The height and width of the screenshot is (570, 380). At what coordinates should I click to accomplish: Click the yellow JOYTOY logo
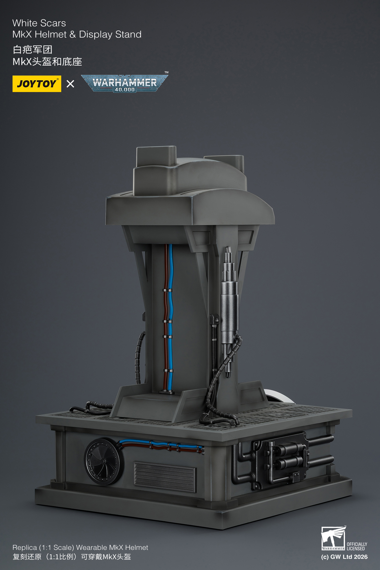(x=37, y=84)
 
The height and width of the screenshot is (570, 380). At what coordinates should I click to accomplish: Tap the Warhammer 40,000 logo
(x=125, y=83)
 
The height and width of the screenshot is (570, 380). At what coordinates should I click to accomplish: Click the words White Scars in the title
(x=39, y=23)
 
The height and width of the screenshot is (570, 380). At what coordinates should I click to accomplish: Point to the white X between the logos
(x=70, y=84)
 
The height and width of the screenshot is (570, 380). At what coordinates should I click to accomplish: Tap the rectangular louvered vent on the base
(x=165, y=477)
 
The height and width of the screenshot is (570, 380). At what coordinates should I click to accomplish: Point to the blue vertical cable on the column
(x=170, y=316)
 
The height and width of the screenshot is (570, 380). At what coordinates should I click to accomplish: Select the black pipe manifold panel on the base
(x=281, y=460)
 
